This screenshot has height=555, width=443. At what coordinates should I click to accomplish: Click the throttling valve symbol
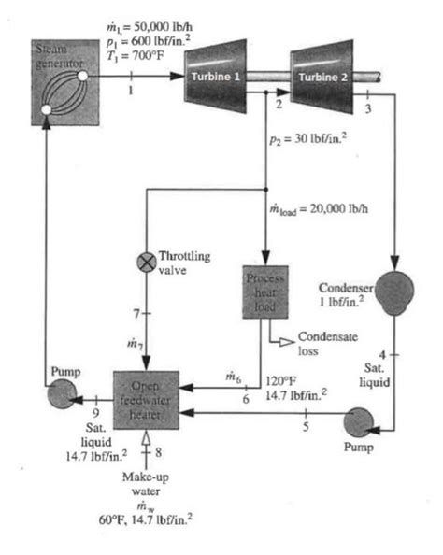(x=146, y=263)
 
